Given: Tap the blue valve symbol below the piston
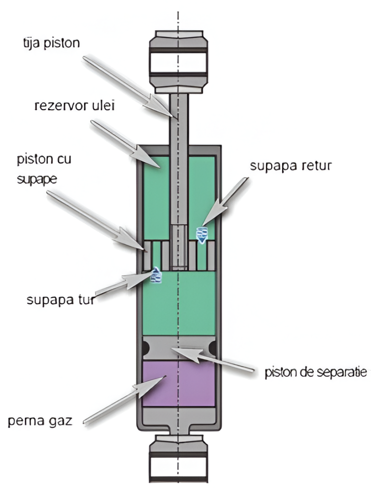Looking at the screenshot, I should (x=156, y=275).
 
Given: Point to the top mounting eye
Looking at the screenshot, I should (x=179, y=60).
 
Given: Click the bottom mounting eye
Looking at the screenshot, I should (x=179, y=460).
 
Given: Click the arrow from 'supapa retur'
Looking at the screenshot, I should (x=226, y=201).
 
